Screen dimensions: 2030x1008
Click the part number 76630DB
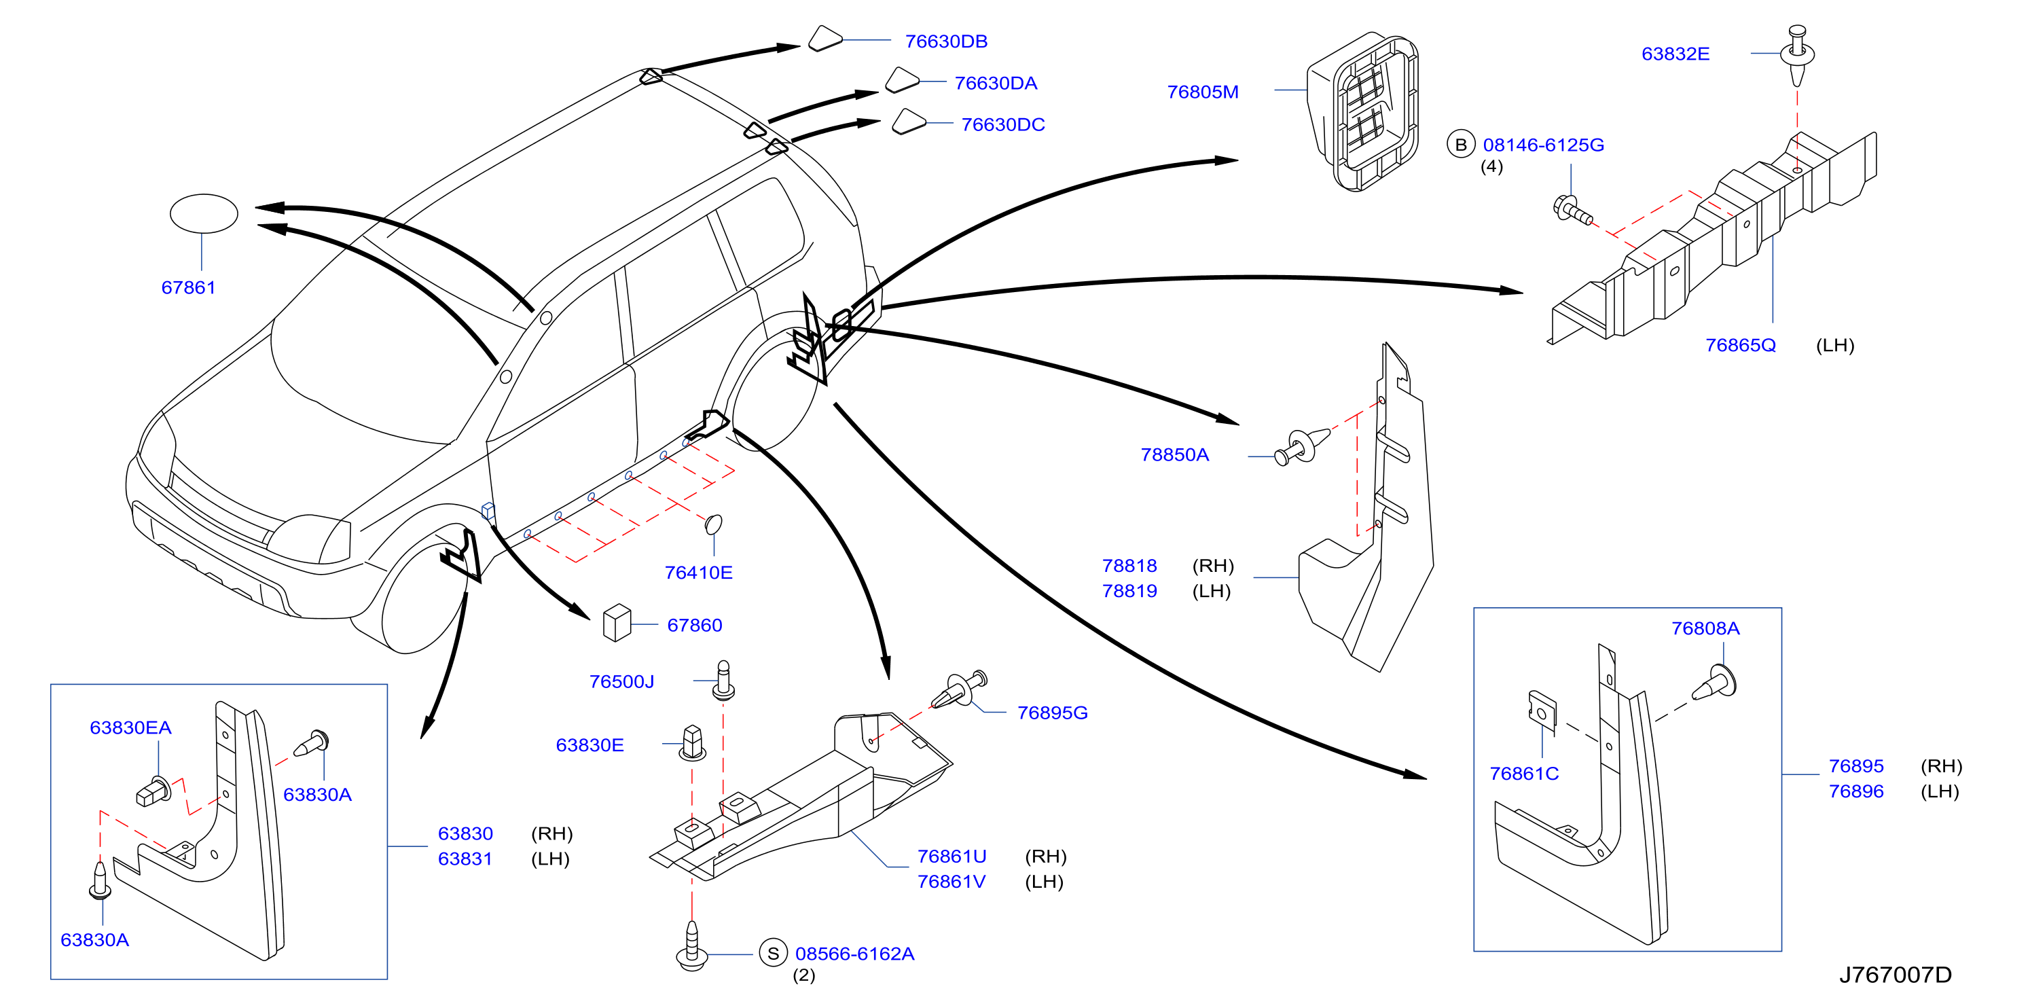click(945, 41)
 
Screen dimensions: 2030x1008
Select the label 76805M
click(1203, 92)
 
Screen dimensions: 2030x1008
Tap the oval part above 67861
click(204, 213)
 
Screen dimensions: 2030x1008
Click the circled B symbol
click(1460, 144)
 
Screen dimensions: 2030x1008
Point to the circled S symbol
click(773, 953)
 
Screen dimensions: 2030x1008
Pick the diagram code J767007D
click(1896, 975)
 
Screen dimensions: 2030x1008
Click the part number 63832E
click(1675, 54)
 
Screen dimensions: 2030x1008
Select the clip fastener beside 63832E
click(1798, 54)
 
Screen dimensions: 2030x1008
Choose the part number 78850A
click(1174, 454)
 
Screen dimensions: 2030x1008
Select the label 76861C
click(1524, 773)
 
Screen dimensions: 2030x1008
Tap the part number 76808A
click(1705, 628)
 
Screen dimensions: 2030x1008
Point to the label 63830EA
click(131, 727)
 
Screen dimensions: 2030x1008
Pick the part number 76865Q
click(1740, 345)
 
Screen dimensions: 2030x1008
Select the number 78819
click(1129, 590)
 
